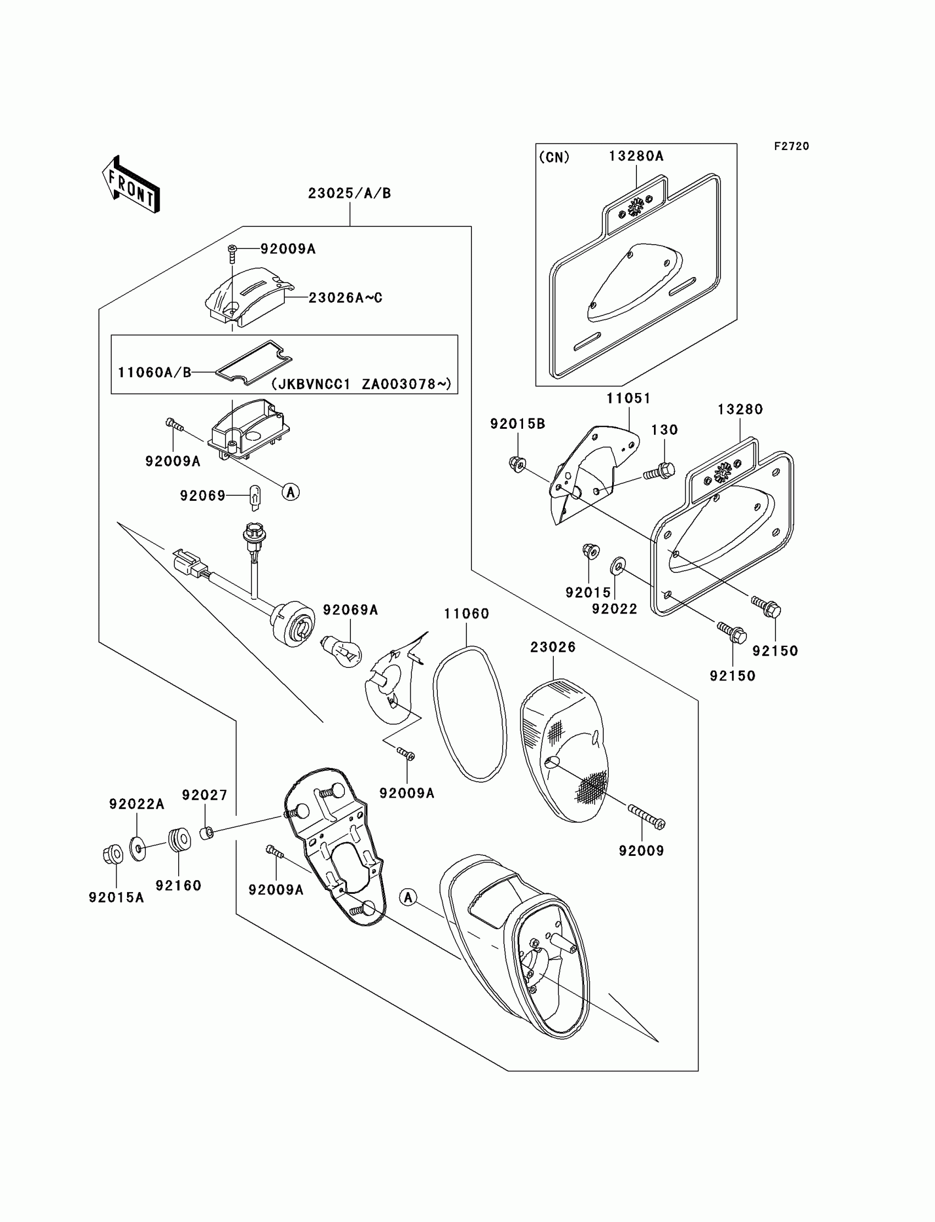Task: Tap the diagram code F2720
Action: (791, 146)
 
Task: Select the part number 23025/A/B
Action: (349, 193)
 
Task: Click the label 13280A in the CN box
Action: (636, 156)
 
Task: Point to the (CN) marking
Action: (554, 157)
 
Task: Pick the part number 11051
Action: (628, 398)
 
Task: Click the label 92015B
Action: (518, 424)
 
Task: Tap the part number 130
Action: (664, 430)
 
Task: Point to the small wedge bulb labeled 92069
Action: (254, 496)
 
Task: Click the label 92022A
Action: (137, 804)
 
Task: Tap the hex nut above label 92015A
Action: (112, 854)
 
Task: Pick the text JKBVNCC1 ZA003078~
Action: (362, 384)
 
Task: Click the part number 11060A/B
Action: (154, 372)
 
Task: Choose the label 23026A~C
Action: (345, 298)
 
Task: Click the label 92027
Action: (205, 795)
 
